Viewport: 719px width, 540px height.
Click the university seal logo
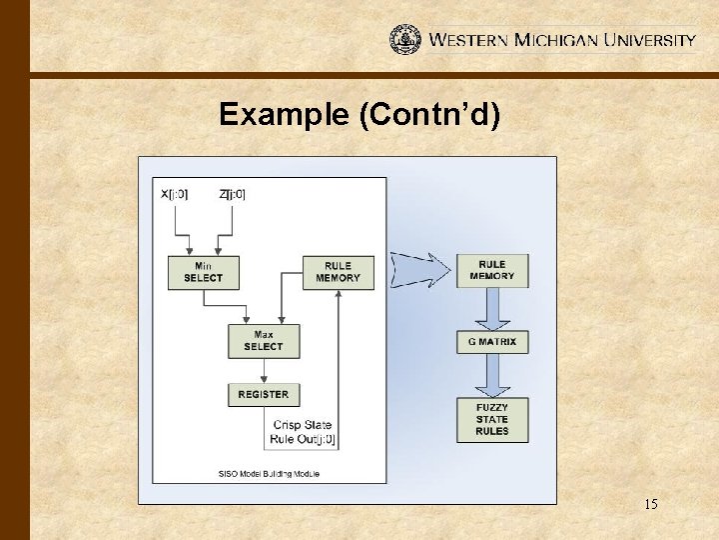(x=405, y=39)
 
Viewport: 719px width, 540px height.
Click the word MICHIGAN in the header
(x=555, y=41)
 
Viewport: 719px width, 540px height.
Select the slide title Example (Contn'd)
(x=359, y=114)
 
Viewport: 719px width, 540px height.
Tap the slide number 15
(x=650, y=505)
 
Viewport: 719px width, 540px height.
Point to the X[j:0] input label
(x=174, y=193)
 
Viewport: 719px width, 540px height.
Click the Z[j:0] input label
(x=232, y=193)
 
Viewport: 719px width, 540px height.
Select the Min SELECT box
(x=204, y=273)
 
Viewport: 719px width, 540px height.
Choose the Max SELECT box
(x=264, y=341)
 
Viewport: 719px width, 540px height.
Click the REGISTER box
(x=264, y=395)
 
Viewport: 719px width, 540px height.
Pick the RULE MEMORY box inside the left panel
(x=338, y=273)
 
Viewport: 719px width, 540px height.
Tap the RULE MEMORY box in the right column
(x=492, y=270)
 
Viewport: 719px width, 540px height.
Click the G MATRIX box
(x=492, y=342)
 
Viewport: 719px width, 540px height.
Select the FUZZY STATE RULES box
(x=492, y=420)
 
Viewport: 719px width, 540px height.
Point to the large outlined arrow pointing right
(x=419, y=269)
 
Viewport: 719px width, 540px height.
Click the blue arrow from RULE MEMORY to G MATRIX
(x=492, y=308)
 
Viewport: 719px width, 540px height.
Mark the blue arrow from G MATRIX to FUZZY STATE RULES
(x=492, y=377)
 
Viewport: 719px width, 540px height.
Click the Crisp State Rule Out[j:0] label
(x=304, y=432)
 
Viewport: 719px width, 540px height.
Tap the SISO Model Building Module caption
(x=269, y=473)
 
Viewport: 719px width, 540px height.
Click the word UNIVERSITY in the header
(x=645, y=41)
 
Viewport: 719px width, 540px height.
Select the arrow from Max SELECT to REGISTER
(x=264, y=369)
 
